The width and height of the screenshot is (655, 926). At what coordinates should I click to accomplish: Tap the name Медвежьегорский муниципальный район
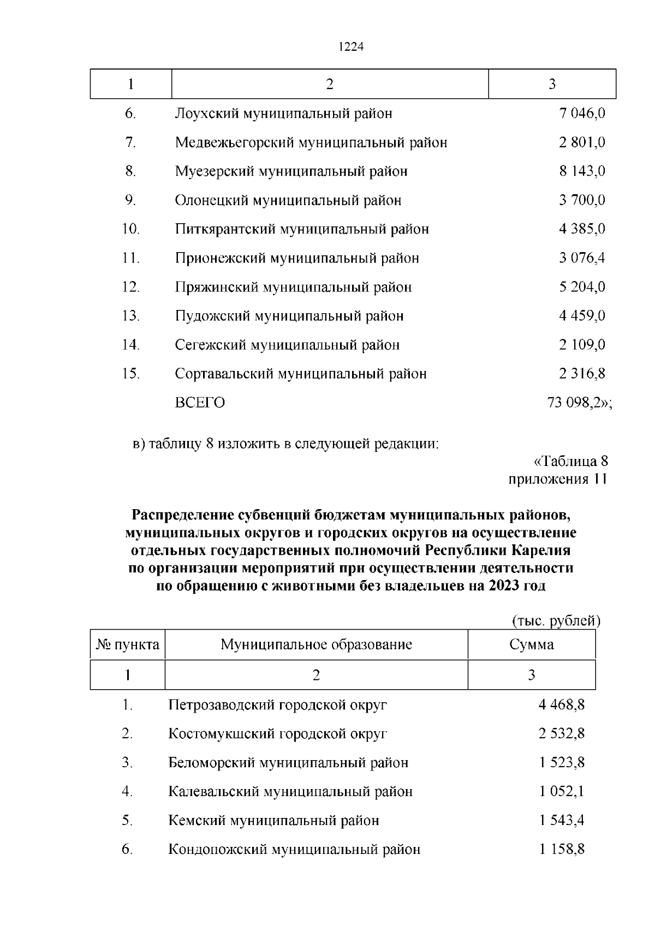click(311, 143)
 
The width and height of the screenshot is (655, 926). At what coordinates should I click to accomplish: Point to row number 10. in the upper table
click(131, 229)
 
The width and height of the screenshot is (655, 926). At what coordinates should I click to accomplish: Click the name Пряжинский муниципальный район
click(293, 287)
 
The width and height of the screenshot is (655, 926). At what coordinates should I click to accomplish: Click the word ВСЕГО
click(200, 403)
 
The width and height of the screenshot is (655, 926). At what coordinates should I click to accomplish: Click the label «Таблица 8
click(570, 462)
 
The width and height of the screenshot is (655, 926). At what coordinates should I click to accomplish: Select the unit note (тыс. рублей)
click(556, 620)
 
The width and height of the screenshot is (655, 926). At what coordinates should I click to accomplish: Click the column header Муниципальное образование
click(316, 645)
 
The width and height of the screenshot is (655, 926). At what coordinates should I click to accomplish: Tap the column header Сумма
click(531, 645)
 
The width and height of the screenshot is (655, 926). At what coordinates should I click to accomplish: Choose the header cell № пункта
click(128, 645)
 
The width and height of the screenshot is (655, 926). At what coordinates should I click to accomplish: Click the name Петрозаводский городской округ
click(278, 705)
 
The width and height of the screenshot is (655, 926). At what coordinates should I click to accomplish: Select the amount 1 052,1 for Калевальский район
click(562, 792)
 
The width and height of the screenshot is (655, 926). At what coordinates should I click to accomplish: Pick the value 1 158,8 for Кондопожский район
click(562, 850)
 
